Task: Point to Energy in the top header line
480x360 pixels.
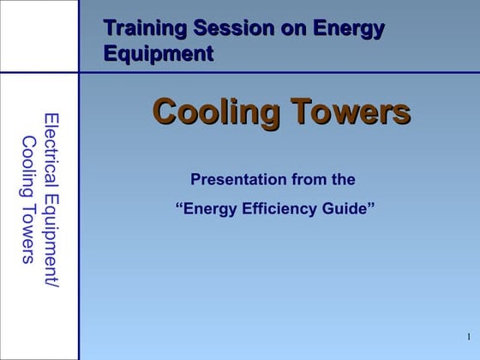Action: tap(347, 29)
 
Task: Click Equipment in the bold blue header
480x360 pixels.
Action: tap(158, 54)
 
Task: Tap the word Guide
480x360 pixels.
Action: tap(347, 207)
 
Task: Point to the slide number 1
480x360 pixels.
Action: tap(469, 335)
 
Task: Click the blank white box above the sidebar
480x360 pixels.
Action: tap(39, 36)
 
